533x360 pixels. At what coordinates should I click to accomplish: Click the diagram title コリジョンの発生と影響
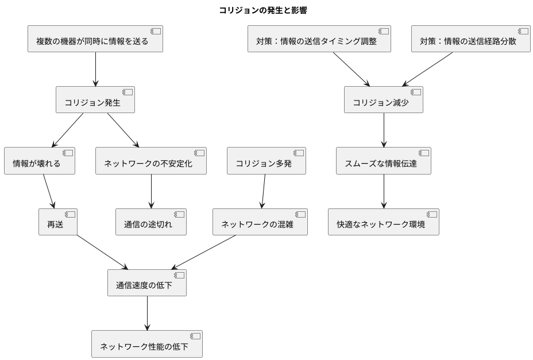266,10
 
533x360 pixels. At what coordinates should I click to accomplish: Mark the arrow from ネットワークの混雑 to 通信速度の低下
204,252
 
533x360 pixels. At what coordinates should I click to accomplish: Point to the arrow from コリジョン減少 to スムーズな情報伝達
384,130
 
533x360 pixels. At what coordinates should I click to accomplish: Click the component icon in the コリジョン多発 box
299,153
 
